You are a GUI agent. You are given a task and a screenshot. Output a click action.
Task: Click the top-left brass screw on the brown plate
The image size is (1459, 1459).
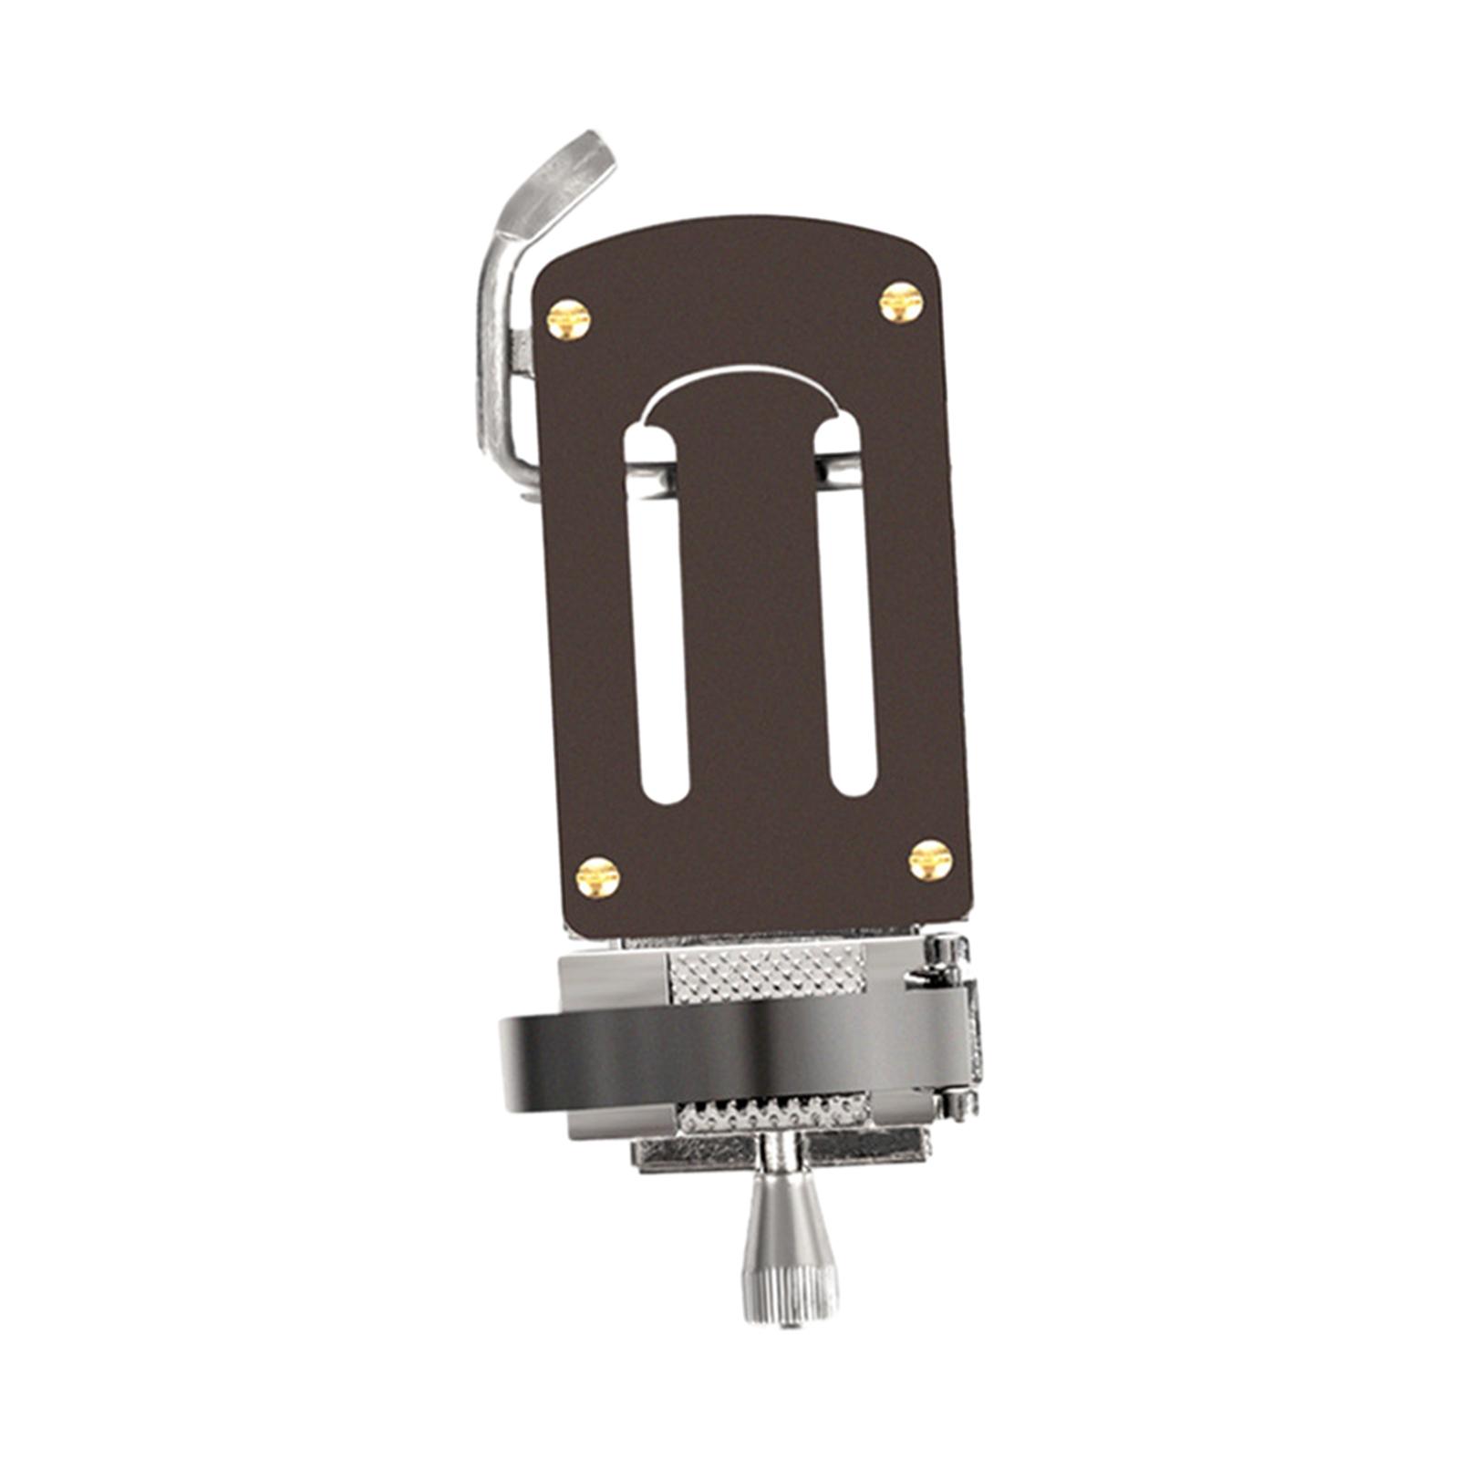click(568, 319)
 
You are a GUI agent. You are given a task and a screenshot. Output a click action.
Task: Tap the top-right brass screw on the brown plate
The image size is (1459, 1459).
click(901, 302)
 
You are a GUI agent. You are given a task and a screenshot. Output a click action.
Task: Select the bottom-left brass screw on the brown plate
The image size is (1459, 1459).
click(598, 877)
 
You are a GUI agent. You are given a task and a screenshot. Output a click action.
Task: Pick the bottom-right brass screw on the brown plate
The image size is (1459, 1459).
click(930, 860)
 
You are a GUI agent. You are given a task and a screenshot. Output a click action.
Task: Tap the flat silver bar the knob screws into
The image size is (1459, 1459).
click(693, 1153)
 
